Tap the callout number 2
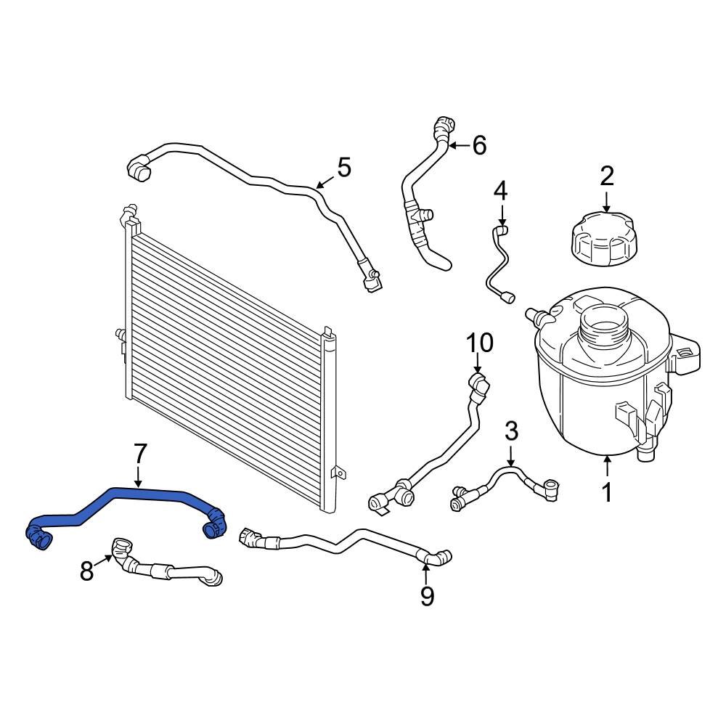point(607,176)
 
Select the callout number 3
point(511,431)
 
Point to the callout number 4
point(501,192)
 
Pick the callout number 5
point(343,168)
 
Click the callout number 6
point(479,145)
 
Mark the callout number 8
point(87,571)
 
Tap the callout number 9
point(427,596)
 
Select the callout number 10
point(479,342)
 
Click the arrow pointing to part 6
point(459,146)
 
